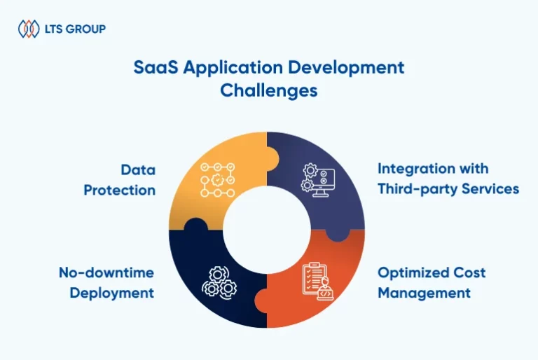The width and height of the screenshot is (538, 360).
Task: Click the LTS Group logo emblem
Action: pos(29,29)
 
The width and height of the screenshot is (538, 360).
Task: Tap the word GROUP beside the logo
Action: pos(85,29)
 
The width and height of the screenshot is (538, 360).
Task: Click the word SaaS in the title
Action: pos(156,67)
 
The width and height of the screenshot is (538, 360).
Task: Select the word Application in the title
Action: pos(233,69)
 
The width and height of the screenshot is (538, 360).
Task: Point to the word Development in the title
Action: pos(346,69)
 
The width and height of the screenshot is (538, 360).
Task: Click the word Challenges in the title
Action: pos(269,91)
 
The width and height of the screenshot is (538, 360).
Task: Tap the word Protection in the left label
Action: pos(119,190)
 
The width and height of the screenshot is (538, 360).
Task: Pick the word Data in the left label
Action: pos(138,170)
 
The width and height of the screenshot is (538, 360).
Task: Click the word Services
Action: pos(490,188)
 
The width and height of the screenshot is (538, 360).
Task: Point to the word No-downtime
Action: pos(106,273)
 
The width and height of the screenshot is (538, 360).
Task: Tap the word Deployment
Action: pos(112,293)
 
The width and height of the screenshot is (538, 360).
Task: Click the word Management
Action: pos(424,293)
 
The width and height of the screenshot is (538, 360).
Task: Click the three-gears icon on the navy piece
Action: pos(219,282)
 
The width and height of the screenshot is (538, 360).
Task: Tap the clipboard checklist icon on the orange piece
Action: pos(318,282)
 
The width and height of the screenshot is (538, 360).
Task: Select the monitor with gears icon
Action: pos(318,180)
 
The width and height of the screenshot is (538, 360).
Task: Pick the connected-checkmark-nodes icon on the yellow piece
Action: pos(218,180)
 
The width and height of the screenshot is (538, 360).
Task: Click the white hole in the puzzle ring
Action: pos(267,230)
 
